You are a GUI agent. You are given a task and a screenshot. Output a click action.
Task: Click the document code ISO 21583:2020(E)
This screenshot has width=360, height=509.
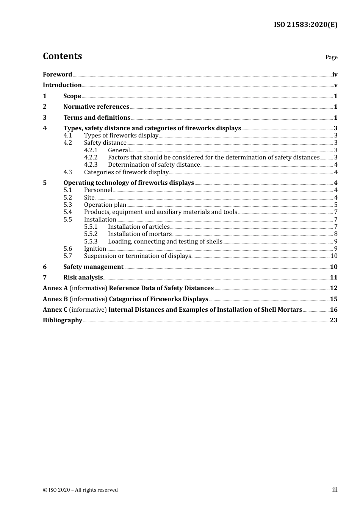pos(305,25)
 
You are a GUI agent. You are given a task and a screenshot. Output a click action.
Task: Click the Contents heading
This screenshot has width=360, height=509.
pos(62,56)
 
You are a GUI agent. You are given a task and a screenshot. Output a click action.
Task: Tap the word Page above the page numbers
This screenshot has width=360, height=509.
pos(331,57)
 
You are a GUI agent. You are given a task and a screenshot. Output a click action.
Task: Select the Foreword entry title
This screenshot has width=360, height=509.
pos(57,75)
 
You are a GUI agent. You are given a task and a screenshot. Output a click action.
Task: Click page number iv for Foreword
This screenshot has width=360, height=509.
pos(335,75)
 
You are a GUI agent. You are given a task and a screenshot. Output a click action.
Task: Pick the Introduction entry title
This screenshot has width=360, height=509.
pos(62,85)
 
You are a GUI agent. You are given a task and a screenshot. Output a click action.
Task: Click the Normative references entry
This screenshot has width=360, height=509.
pos(96,107)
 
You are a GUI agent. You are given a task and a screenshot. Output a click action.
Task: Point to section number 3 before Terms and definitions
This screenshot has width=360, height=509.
pos(45,118)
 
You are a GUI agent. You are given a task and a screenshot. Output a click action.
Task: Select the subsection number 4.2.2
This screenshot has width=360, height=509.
pos(91,158)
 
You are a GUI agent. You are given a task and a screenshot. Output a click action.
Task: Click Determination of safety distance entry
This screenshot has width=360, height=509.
pos(154,165)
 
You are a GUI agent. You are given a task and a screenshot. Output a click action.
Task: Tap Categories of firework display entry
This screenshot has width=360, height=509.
pos(126,172)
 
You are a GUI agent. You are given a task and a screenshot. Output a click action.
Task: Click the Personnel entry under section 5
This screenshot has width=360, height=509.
pos(98,190)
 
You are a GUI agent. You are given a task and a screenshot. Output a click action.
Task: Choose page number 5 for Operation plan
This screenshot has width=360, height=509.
pos(336,205)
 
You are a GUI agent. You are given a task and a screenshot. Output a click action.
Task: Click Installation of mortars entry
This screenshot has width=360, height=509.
pos(140,234)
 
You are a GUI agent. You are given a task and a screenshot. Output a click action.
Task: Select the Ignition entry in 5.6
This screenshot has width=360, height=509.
pos(95,249)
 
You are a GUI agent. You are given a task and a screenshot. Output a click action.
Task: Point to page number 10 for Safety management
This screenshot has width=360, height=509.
pos(333,267)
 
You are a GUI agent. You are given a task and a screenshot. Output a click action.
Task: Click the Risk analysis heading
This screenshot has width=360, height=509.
pos(83,278)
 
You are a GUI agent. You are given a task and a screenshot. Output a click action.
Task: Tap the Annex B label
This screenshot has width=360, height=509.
pos(55,299)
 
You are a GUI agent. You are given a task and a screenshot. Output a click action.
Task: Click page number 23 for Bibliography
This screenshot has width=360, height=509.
pos(333,320)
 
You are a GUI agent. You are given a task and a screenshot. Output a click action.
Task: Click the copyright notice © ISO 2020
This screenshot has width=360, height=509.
pos(80,490)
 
